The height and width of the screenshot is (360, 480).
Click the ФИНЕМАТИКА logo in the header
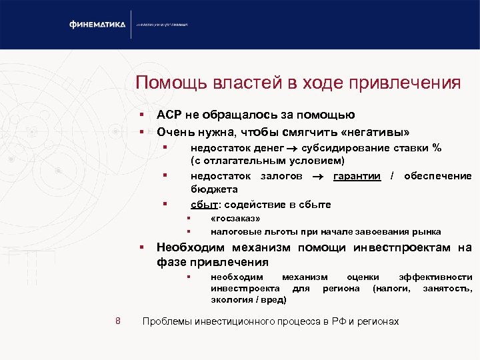(x=97, y=25)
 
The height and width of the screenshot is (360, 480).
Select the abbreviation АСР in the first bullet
(x=169, y=115)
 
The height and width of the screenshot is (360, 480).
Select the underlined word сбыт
(x=203, y=205)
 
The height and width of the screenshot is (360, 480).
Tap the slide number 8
(x=117, y=321)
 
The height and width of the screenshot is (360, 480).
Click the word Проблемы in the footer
(x=167, y=321)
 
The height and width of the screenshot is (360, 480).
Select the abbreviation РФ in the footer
(x=333, y=321)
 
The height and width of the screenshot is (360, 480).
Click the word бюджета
(x=210, y=189)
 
